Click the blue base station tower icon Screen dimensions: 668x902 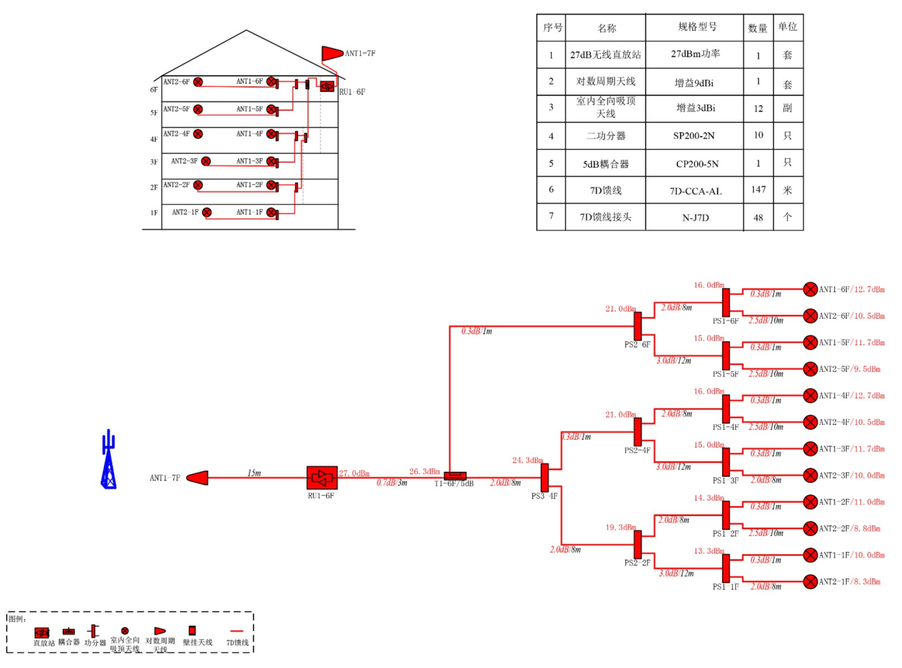tap(108, 460)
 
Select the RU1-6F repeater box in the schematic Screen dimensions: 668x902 tap(322, 477)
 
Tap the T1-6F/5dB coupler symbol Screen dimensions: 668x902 tap(455, 476)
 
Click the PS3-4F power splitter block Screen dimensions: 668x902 tap(544, 477)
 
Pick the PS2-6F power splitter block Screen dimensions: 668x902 tap(637, 326)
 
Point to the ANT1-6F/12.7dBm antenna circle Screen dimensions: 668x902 tap(810, 289)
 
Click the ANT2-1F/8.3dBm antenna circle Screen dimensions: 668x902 tap(810, 581)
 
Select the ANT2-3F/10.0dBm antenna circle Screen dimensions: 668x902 tap(810, 475)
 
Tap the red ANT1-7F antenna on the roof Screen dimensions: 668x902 tap(332, 53)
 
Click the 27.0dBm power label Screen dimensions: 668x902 tap(354, 473)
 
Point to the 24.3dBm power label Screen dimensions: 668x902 tap(527, 460)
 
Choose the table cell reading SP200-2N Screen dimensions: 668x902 tap(694, 136)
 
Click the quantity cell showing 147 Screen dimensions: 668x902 tap(758, 190)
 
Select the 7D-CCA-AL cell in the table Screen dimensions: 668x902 tap(695, 191)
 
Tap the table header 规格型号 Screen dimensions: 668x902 tap(697, 27)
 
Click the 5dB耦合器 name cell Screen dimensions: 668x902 tap(606, 164)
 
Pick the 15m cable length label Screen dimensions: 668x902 tap(254, 473)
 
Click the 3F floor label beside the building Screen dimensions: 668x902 tap(154, 162)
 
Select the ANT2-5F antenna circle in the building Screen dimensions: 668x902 tap(198, 109)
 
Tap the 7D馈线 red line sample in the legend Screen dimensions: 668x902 tap(237, 631)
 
